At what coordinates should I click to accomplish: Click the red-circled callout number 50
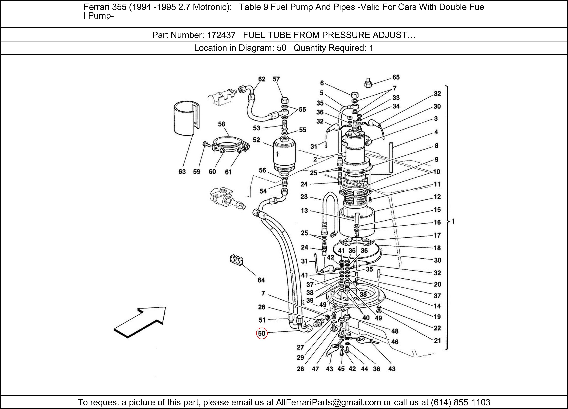click(x=261, y=333)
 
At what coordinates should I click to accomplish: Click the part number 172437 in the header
click(x=221, y=35)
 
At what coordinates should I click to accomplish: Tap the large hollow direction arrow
click(x=140, y=322)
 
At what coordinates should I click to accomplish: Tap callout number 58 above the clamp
click(x=221, y=124)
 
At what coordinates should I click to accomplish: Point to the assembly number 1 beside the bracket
click(x=453, y=221)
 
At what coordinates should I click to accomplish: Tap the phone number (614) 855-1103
click(x=460, y=402)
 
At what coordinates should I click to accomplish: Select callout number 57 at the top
click(x=276, y=79)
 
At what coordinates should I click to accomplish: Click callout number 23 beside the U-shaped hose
click(x=304, y=197)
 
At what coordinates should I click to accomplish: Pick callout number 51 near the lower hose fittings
click(x=262, y=320)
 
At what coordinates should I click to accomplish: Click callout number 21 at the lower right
click(x=437, y=340)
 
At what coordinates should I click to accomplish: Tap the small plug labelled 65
click(x=368, y=83)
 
